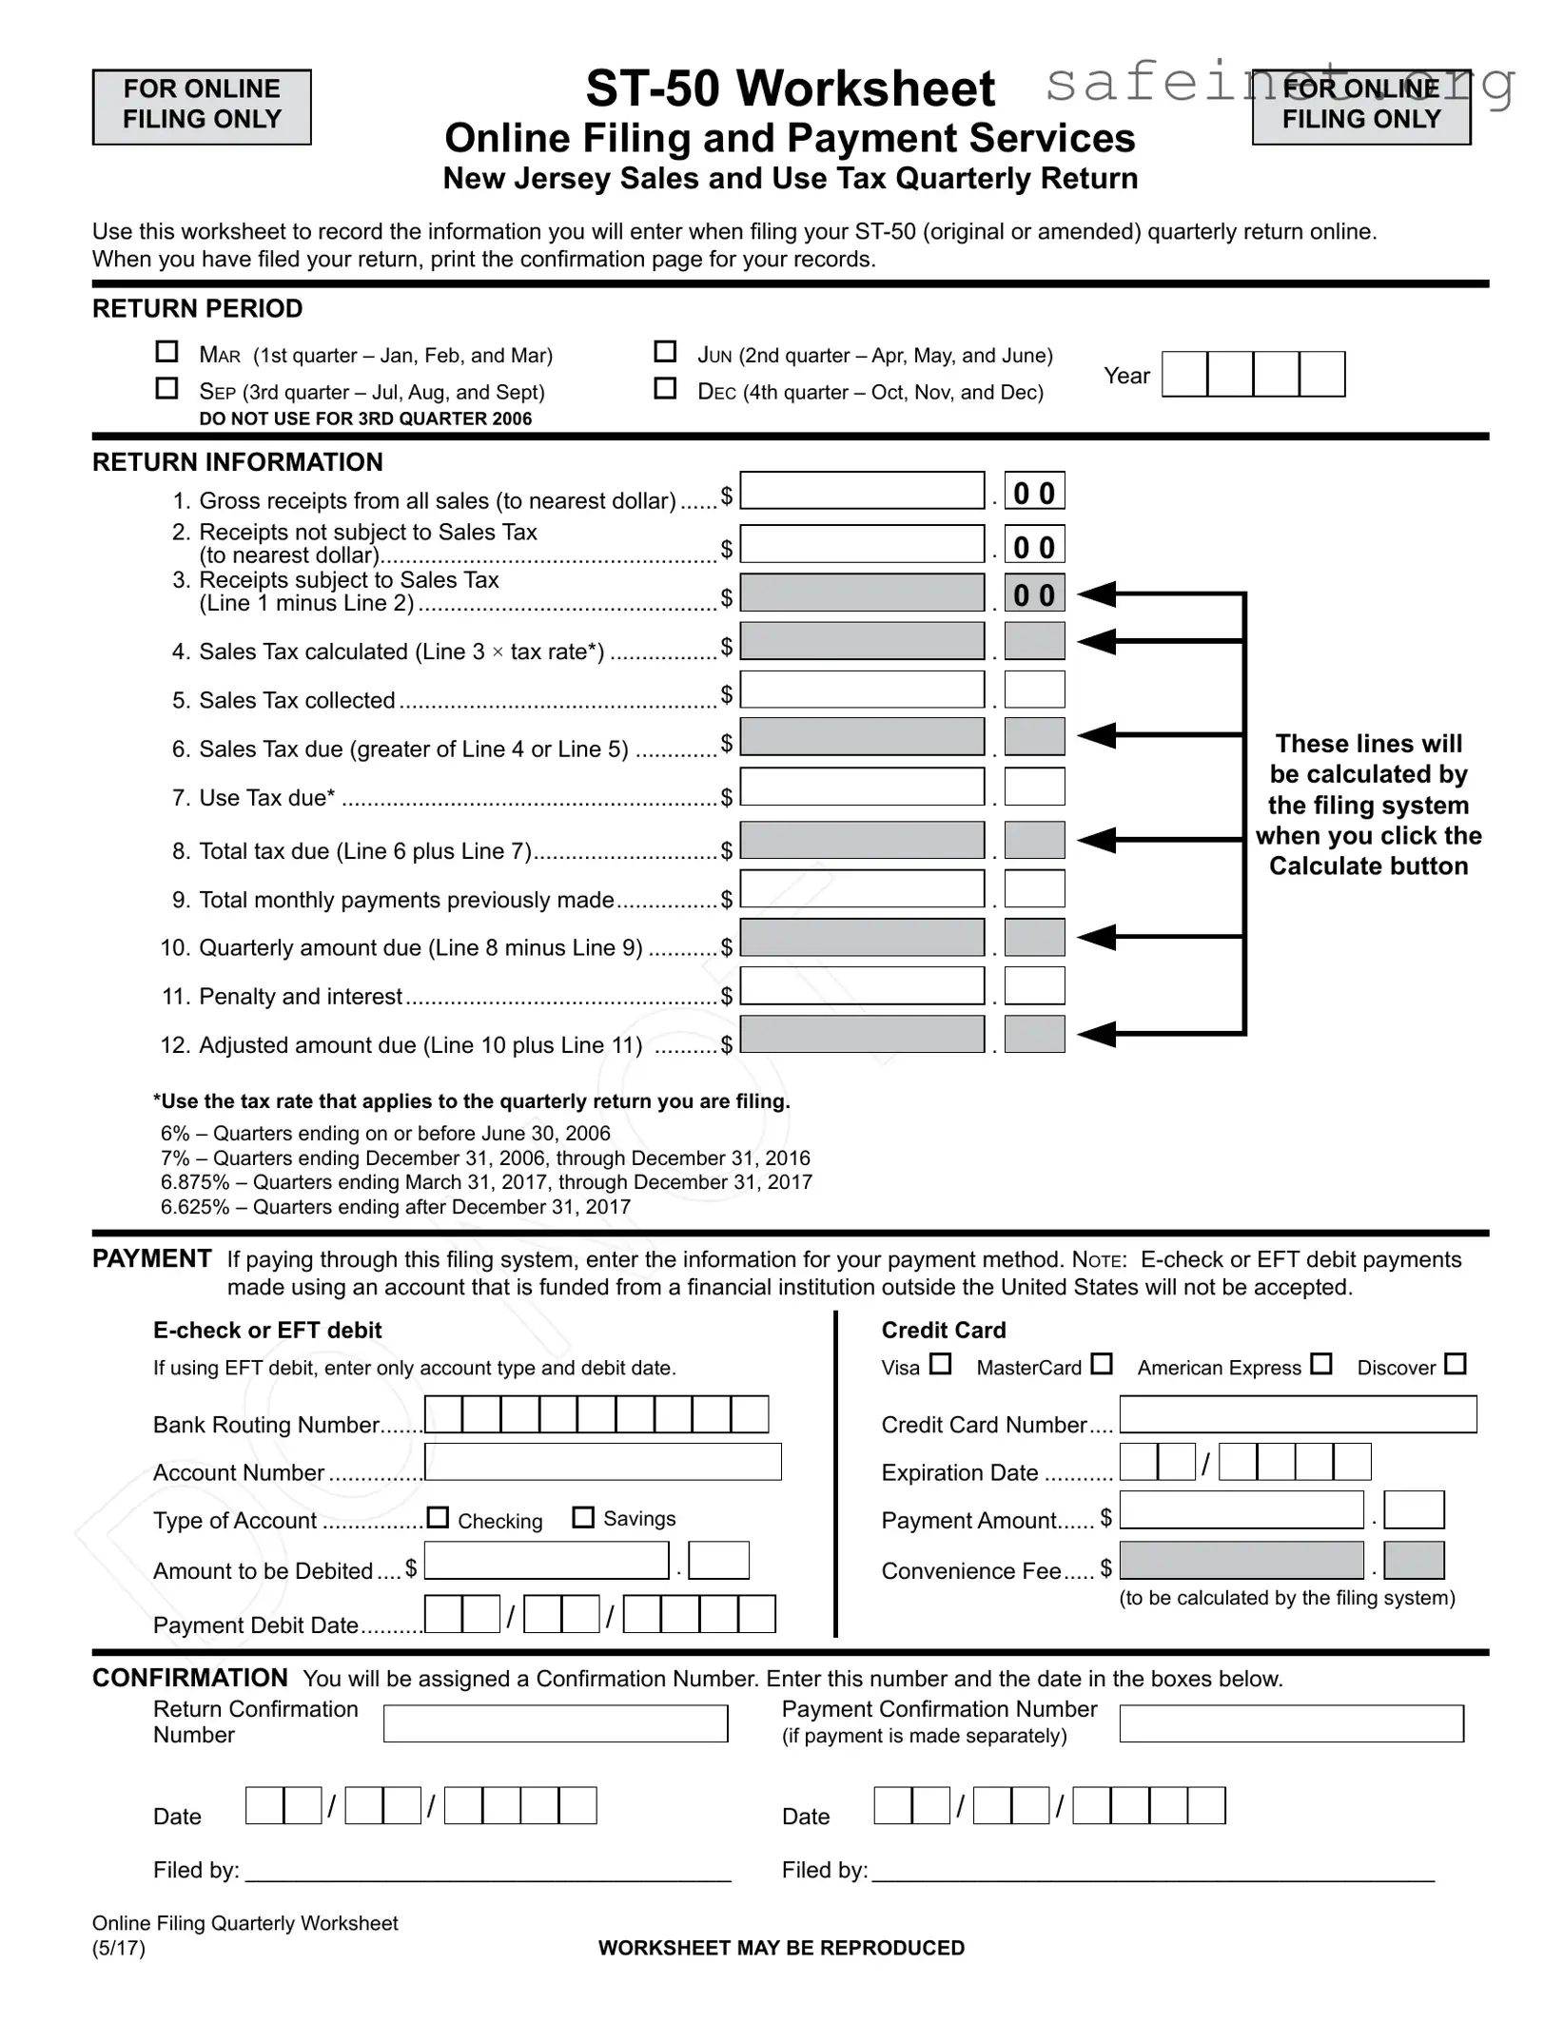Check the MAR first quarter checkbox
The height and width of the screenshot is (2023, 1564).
[x=166, y=352]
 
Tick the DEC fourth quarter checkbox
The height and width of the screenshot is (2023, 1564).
[x=665, y=388]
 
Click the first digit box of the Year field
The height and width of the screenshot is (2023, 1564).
[x=1184, y=374]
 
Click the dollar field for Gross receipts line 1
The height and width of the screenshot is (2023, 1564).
[x=862, y=492]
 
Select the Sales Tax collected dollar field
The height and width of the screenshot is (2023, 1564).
[x=862, y=691]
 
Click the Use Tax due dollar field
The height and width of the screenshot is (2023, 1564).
[x=862, y=788]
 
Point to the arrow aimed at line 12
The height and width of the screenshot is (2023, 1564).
[x=1099, y=1034]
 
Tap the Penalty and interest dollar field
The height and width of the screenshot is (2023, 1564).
[x=862, y=986]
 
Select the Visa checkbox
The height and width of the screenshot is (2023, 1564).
[x=940, y=1364]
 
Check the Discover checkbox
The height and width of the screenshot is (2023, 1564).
[x=1455, y=1364]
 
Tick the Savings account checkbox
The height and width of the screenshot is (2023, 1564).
[x=583, y=1517]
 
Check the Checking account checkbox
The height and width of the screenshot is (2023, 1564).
[x=438, y=1517]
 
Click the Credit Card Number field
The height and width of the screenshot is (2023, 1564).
[x=1298, y=1414]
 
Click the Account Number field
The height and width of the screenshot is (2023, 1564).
[x=603, y=1462]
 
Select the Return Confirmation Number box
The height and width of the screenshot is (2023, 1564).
[x=556, y=1723]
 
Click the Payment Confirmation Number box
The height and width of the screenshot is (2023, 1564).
[x=1291, y=1723]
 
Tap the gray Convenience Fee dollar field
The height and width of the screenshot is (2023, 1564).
[x=1241, y=1561]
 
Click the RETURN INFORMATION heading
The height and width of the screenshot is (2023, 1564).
[x=237, y=462]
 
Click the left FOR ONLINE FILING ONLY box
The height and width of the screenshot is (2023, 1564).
[x=202, y=107]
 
